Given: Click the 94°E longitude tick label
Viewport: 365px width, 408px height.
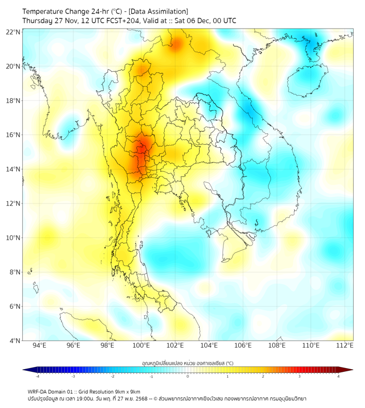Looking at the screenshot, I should coord(39,345).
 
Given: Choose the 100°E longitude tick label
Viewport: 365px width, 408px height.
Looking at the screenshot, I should coord(141,345).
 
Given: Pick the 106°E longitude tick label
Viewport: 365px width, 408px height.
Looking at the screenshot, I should coord(243,345).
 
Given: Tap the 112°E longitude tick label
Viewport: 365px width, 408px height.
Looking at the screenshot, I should coord(345,345).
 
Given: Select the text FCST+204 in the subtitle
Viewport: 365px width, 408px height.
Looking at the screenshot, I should coord(125,21).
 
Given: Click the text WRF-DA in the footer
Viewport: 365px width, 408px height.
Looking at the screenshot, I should coord(39,391).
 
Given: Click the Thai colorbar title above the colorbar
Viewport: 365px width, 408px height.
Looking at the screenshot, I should coord(187,363).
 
